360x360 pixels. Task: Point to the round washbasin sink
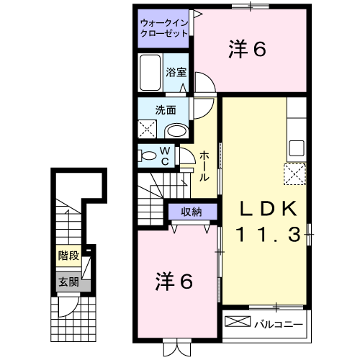coord(175,130)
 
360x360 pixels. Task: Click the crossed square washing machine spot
coord(149,130)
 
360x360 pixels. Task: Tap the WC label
coord(166,156)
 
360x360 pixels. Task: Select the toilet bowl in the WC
coord(147,156)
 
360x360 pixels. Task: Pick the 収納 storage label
coord(191,212)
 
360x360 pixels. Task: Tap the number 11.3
coord(268,235)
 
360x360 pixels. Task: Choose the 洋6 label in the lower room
coord(174,281)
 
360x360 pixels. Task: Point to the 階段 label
coord(68,254)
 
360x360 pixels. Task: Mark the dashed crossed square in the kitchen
coord(295,174)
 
